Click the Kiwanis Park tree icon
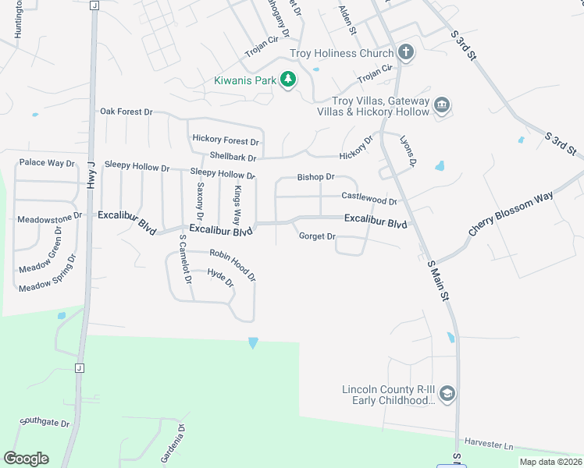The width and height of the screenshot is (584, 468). tap(288, 80)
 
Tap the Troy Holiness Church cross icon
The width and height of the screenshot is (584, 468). tap(405, 53)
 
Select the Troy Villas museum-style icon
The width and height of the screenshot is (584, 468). tap(442, 105)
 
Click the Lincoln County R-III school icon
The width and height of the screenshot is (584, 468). tap(447, 393)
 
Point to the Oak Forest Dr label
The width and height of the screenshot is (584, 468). tap(126, 112)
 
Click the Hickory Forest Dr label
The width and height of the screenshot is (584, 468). tap(225, 141)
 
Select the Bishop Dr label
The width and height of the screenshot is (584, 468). tap(315, 177)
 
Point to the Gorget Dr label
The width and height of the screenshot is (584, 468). tap(317, 236)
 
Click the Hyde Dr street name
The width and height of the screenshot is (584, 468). tap(220, 278)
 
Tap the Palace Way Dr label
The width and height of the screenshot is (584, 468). tap(47, 163)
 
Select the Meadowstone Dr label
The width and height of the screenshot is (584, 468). tap(49, 218)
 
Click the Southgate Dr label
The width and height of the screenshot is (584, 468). tap(45, 422)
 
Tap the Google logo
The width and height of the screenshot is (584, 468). tap(26, 459)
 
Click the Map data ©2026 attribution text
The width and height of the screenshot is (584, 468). tap(550, 462)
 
